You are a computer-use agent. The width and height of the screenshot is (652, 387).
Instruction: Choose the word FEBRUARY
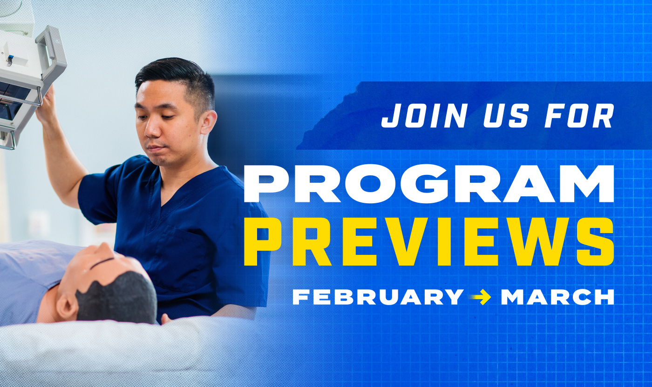[x=378, y=297]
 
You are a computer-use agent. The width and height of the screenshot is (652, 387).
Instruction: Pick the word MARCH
[x=557, y=297]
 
